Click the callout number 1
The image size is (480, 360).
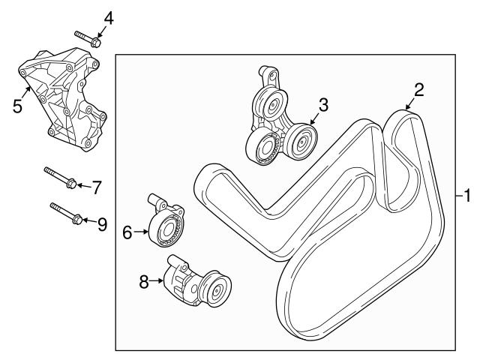(x=466, y=197)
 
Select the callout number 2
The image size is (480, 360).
(x=419, y=90)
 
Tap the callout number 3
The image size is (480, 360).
(x=323, y=106)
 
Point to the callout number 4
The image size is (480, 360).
(x=109, y=16)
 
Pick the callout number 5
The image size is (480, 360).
(x=17, y=106)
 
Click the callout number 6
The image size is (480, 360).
(x=127, y=233)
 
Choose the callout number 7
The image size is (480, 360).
(x=96, y=187)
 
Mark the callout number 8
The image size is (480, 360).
(x=144, y=282)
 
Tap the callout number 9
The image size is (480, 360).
(x=102, y=223)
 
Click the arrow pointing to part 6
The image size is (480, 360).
(x=142, y=233)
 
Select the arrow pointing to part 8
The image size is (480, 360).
(x=158, y=282)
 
